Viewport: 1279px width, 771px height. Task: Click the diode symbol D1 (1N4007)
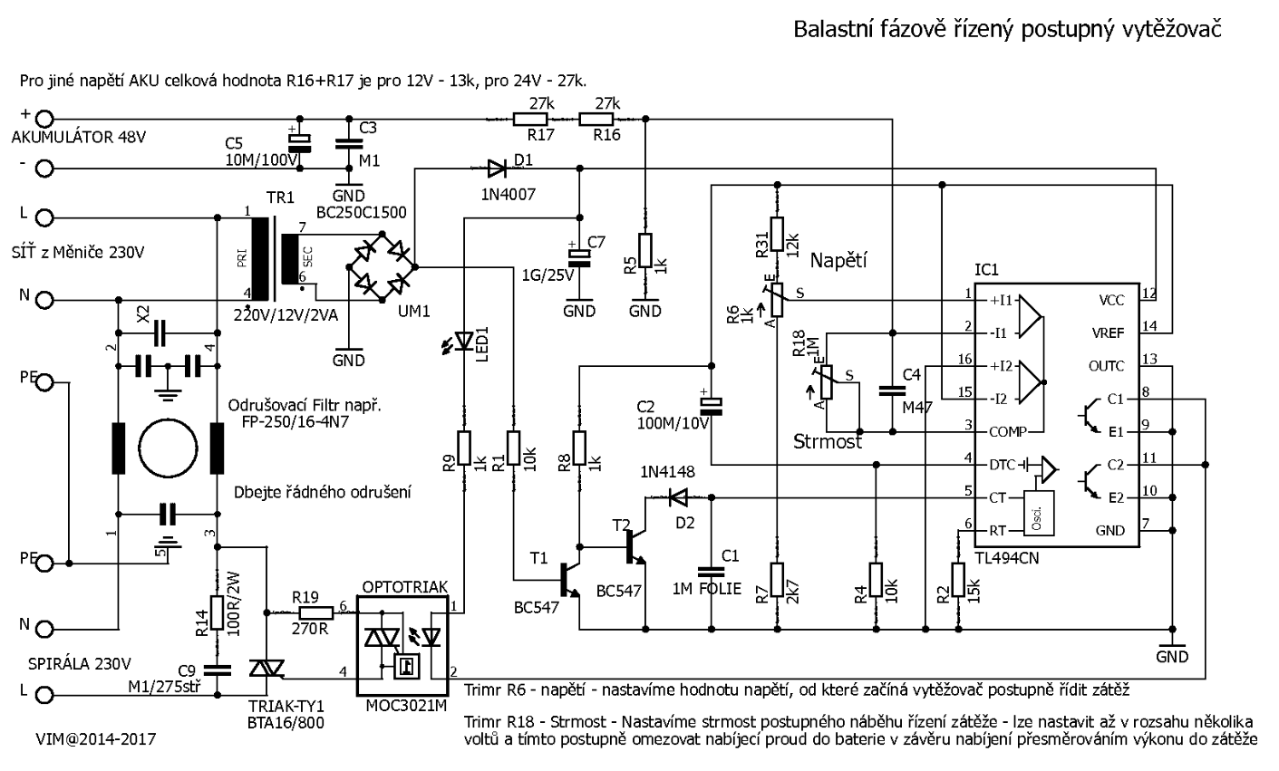(x=496, y=168)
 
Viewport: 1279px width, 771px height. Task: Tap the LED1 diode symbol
(x=464, y=341)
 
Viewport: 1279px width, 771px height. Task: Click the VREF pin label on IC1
(x=1107, y=332)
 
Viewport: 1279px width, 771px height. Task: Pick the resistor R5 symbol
(x=644, y=251)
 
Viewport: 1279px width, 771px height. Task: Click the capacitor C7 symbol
(x=580, y=255)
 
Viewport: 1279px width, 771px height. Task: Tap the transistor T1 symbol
(x=569, y=578)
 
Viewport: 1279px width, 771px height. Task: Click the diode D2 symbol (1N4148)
(x=676, y=496)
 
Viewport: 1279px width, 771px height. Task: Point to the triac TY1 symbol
(x=267, y=669)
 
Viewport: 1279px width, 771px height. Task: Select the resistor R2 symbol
(x=958, y=580)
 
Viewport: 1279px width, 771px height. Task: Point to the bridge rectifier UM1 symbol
(x=382, y=267)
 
